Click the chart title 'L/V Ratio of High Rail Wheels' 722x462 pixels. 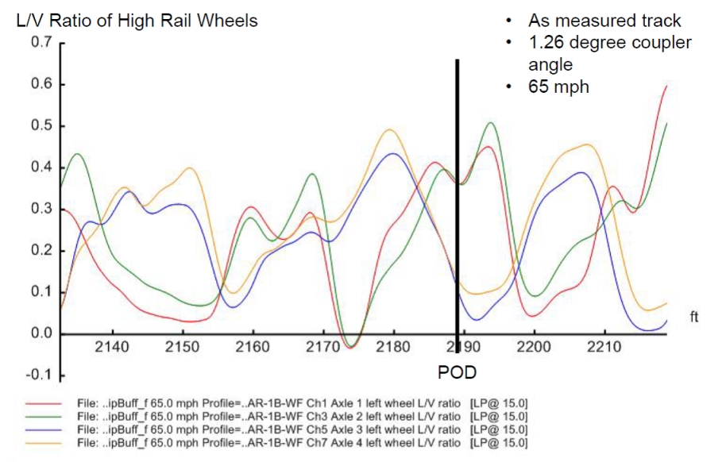coord(137,20)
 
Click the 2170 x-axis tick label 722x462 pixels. coord(322,348)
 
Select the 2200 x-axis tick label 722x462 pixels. coord(534,348)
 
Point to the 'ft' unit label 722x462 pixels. coord(694,318)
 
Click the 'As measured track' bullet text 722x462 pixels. coord(604,21)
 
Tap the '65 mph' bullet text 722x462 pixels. coord(558,87)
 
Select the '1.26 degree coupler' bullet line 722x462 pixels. coord(609,43)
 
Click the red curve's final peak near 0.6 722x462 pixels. coord(666,86)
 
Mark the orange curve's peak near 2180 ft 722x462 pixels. coord(389,129)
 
